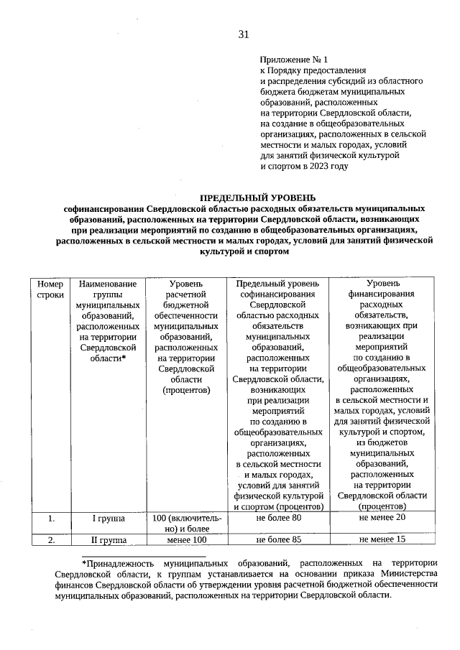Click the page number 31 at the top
pyautogui.click(x=243, y=34)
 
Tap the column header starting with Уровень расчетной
pyautogui.click(x=186, y=338)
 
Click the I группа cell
pyautogui.click(x=108, y=518)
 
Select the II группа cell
pyautogui.click(x=108, y=539)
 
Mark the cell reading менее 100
pyautogui.click(x=186, y=539)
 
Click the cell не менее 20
pyautogui.click(x=382, y=518)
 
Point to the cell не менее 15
pyautogui.click(x=382, y=539)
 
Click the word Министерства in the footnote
pyautogui.click(x=408, y=572)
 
